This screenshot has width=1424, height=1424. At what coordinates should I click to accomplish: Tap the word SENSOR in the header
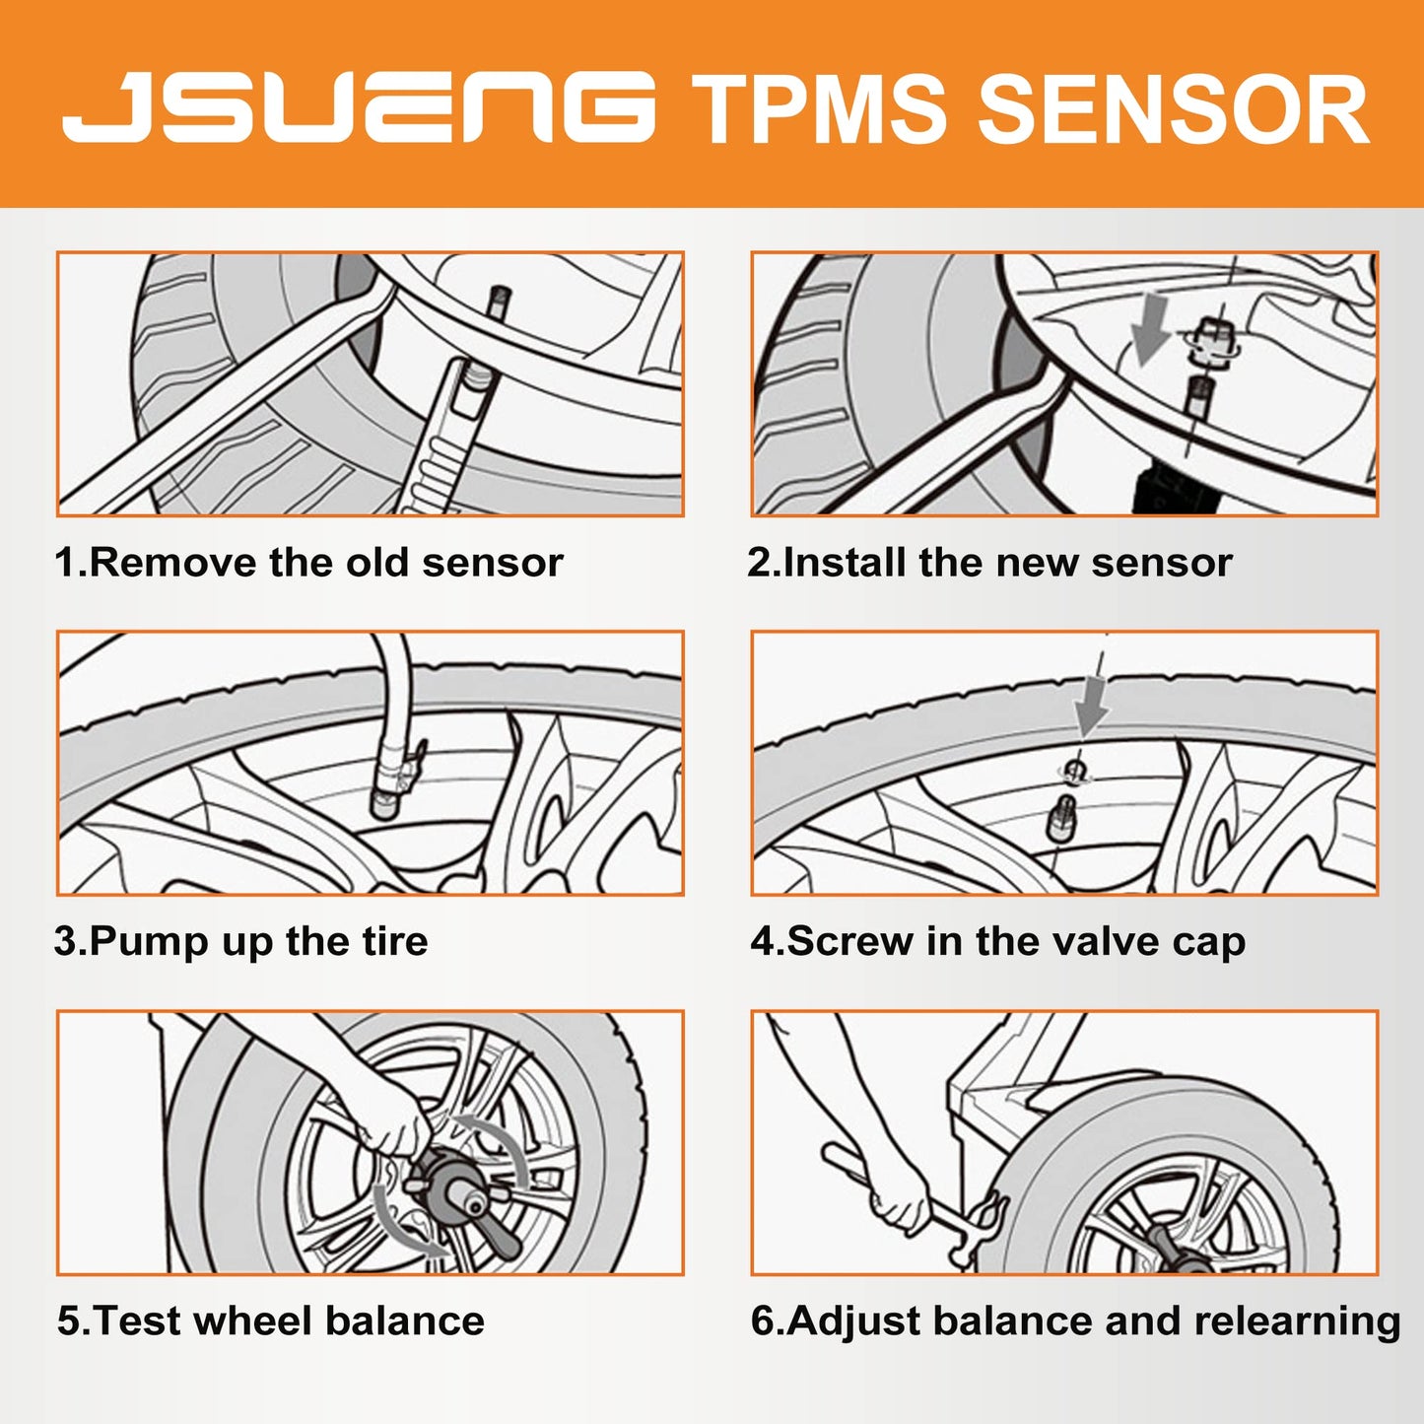pos(1173,109)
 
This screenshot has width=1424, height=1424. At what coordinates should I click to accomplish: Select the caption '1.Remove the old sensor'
pos(308,563)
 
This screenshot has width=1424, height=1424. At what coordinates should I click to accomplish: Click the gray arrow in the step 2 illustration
pos(1149,330)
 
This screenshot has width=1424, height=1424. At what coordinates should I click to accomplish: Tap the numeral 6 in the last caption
pos(763,1321)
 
